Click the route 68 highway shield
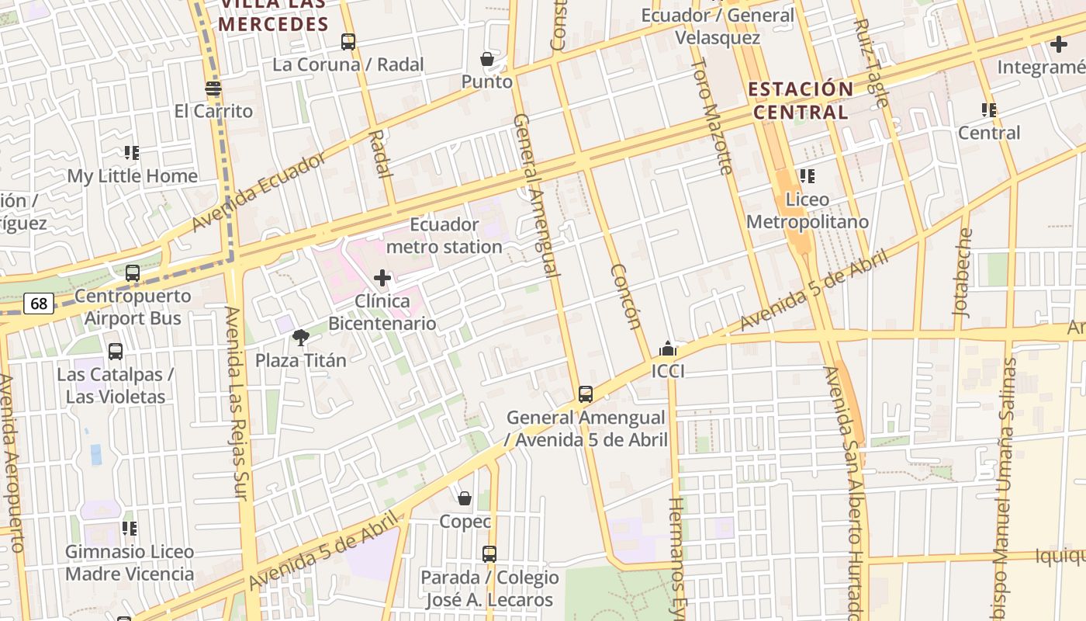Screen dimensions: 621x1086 (38, 304)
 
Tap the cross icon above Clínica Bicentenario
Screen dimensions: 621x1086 (382, 278)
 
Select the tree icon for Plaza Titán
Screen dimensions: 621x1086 (301, 338)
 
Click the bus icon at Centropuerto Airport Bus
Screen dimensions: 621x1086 (133, 273)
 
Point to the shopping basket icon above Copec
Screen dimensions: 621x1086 (465, 498)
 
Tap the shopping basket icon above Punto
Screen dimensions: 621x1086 (487, 59)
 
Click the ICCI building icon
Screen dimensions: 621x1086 (668, 349)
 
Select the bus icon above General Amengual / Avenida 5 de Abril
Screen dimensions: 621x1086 (586, 394)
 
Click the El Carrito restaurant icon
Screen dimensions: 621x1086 (213, 88)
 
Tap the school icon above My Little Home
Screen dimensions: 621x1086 (132, 153)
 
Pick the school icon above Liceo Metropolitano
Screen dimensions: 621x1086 (808, 176)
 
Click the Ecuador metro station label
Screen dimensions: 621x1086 (444, 236)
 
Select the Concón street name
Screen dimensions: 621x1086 (625, 296)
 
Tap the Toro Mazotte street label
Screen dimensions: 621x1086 (711, 116)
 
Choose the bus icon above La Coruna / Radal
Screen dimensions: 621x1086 (348, 42)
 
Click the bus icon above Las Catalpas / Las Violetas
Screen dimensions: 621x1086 (116, 352)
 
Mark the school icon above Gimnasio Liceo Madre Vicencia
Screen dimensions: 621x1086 (130, 529)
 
